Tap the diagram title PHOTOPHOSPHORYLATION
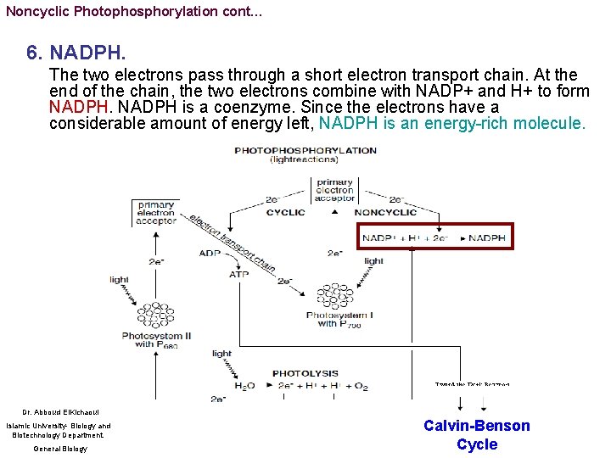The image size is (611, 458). [x=305, y=150]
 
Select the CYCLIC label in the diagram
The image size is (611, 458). [x=285, y=212]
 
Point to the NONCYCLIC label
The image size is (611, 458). [x=385, y=212]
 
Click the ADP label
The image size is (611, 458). [x=210, y=253]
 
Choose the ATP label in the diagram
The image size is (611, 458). [x=239, y=274]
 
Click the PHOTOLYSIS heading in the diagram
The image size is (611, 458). [x=305, y=373]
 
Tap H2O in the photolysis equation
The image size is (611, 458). [x=244, y=387]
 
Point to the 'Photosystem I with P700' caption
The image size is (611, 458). [x=339, y=320]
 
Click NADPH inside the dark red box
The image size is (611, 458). [x=487, y=238]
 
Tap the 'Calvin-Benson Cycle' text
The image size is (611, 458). [x=477, y=435]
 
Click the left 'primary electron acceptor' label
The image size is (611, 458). [x=154, y=212]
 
